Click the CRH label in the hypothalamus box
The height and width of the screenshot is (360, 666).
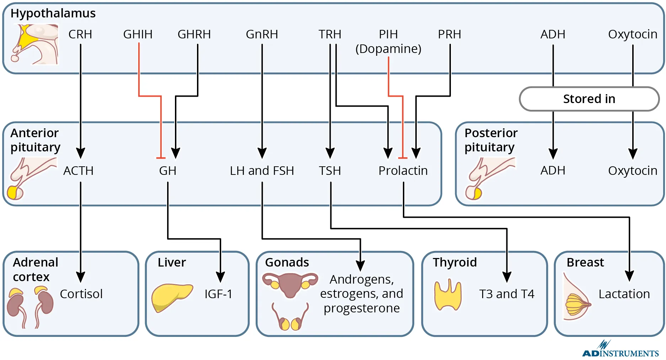[80, 34]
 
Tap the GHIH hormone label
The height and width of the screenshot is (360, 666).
[138, 34]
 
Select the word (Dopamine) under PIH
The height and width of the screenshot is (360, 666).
[388, 49]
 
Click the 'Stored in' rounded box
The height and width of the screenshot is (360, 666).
[589, 99]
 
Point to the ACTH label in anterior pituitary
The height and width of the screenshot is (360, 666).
[78, 171]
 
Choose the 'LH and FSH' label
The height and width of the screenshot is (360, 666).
[262, 171]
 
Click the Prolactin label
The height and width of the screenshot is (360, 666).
[403, 171]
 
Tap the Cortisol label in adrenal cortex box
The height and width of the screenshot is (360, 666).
[81, 294]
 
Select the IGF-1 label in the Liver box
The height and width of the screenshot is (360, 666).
[218, 294]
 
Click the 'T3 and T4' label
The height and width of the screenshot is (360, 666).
[507, 294]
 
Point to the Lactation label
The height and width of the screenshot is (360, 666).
[624, 294]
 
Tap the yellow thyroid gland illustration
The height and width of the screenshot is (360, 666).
[448, 295]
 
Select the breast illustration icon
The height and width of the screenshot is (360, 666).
[576, 299]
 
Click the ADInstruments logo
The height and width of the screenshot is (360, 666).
[620, 350]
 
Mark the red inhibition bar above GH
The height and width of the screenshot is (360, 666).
[161, 158]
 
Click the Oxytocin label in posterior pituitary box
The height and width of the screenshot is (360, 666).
[633, 171]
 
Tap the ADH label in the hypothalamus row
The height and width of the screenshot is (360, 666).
[553, 34]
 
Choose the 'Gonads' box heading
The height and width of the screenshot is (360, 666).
[287, 262]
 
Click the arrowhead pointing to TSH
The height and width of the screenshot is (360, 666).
[330, 154]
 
